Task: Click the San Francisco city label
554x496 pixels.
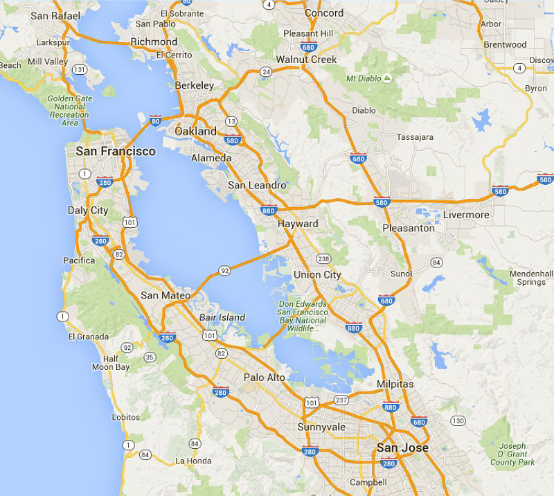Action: pos(116,151)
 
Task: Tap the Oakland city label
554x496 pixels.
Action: pos(195,131)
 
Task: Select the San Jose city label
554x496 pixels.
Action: pos(402,448)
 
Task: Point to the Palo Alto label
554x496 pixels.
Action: pos(264,377)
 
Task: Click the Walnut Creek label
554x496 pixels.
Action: pos(306,60)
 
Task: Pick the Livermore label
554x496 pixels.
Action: pos(466,215)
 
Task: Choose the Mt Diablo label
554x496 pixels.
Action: pos(364,78)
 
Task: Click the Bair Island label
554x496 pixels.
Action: pos(222,317)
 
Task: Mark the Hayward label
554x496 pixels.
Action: pos(298,224)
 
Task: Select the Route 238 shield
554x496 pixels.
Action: pos(323,258)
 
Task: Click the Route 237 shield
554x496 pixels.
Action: pos(341,400)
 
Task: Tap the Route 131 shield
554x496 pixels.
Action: pos(80,70)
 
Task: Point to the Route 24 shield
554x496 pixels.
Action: pos(265,71)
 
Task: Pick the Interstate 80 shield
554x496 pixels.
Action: pos(155,119)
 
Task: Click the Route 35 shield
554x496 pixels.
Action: pos(150,357)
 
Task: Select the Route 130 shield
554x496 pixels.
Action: pos(458,420)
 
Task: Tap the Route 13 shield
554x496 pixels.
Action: pos(231,121)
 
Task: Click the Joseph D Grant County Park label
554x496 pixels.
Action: pos(512,454)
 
